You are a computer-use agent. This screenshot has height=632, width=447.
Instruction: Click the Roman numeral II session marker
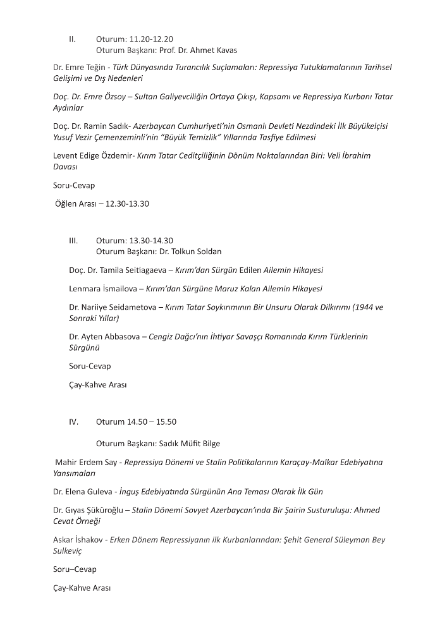[72, 39]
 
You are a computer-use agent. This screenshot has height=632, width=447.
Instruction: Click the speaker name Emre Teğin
[85, 67]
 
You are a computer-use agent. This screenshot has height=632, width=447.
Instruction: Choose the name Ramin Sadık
[104, 126]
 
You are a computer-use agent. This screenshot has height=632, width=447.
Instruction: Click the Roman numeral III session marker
[73, 241]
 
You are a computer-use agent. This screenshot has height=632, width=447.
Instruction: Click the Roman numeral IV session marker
[73, 422]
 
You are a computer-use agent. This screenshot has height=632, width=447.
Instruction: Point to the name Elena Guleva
[86, 492]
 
